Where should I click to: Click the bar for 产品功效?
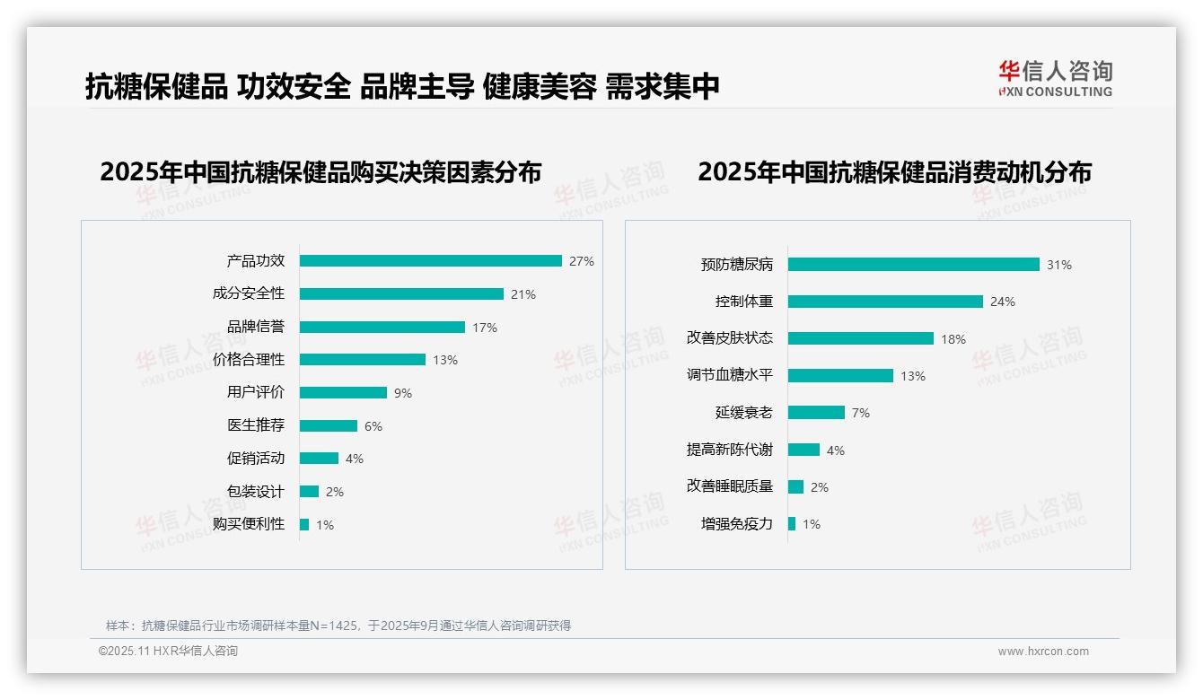[430, 261]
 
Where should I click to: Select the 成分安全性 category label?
[249, 293]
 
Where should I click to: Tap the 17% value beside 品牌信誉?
[485, 328]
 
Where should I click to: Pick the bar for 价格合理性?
[362, 360]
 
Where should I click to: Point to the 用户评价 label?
[256, 392]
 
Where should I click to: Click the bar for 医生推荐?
[328, 426]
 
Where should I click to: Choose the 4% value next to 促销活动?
[355, 459]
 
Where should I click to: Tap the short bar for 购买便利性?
[304, 524]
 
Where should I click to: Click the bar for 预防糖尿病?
[913, 265]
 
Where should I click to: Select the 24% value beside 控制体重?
[1003, 302]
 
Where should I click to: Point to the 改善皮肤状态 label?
[730, 338]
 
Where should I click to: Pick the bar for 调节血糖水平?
[840, 376]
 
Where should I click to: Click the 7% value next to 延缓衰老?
[861, 413]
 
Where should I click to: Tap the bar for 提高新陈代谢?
[803, 450]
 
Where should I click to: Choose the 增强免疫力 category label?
[737, 523]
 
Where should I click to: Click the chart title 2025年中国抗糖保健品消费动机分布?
[894, 172]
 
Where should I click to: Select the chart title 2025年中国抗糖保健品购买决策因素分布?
[321, 172]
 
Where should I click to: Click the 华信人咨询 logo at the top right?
[1055, 79]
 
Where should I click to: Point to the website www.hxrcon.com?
[1043, 652]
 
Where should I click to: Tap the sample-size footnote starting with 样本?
[338, 626]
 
